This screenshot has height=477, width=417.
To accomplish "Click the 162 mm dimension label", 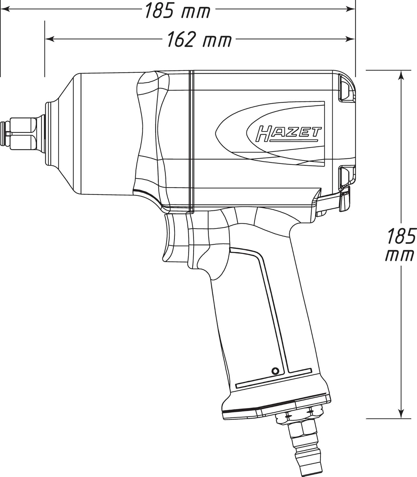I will pyautogui.click(x=199, y=40).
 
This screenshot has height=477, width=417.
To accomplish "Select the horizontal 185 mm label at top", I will pyautogui.click(x=177, y=10).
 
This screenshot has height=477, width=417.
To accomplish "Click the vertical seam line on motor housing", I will pyautogui.click(x=191, y=140).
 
